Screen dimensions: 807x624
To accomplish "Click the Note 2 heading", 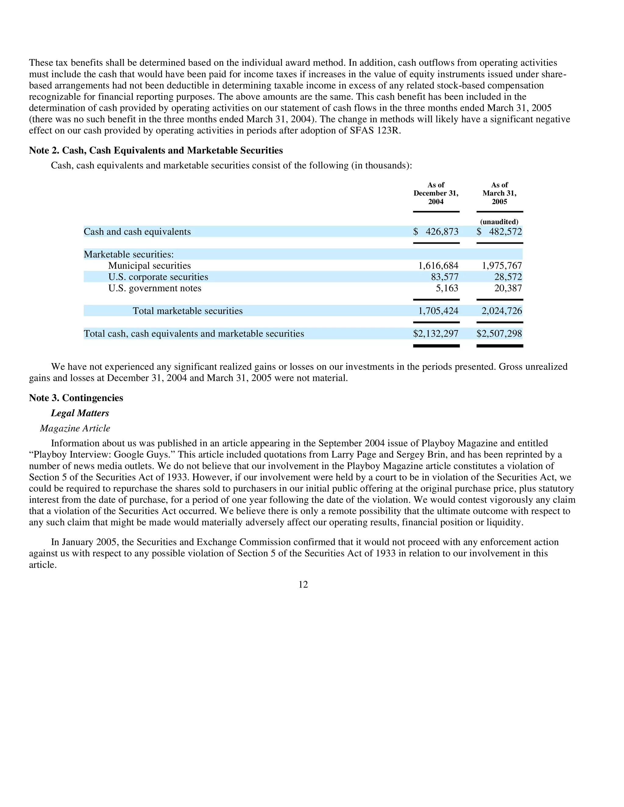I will coord(156,150).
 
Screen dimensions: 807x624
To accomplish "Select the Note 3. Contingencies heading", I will coord(76,398).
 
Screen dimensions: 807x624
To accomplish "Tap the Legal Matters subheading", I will coord(80,413).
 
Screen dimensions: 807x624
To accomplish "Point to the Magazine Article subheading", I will coord(75,428).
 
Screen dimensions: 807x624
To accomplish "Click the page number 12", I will coord(303,584).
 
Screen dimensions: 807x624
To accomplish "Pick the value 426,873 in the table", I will coord(442,232).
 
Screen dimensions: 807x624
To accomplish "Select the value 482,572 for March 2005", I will coord(505,232).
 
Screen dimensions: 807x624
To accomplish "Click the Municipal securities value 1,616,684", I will coord(438,266).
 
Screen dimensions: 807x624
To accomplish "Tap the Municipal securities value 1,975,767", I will coord(502,266).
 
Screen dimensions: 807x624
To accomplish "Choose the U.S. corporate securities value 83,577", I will coord(445,277).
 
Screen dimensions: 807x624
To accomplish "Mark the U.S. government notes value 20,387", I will coord(508,288).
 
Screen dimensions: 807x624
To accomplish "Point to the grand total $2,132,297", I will coord(436,334).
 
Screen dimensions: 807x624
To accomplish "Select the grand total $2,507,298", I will coord(499,334).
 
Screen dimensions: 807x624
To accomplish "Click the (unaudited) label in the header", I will coord(499,222).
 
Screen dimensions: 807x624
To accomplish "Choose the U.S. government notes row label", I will coord(154,288).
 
